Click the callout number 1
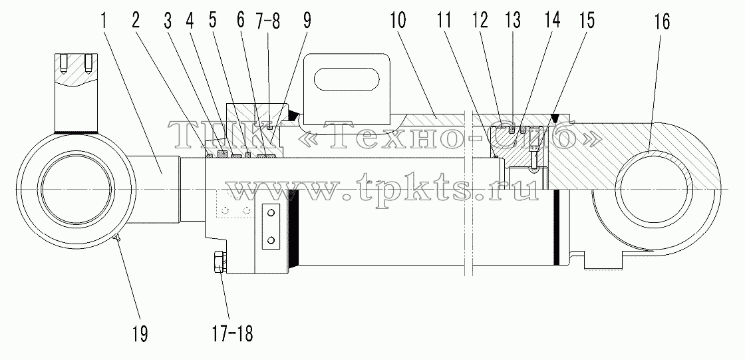coord(105,20)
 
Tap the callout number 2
coord(136,20)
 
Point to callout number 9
coord(307,20)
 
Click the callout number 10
coord(399,20)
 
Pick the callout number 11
coord(445,20)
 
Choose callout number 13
coord(513,20)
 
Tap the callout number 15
coord(586,20)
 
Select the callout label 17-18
coord(230,333)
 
